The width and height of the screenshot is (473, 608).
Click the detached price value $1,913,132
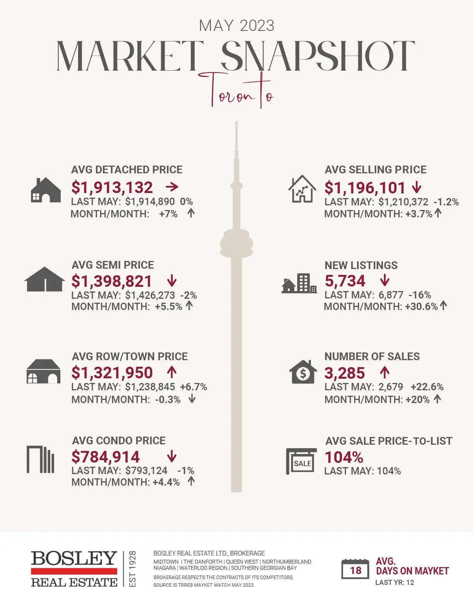coord(112,188)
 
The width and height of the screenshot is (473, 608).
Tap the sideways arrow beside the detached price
coord(172,187)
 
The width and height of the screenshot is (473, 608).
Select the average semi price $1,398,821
coord(112,281)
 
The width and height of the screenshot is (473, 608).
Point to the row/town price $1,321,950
coord(112,373)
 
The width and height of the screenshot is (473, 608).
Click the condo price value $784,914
coord(105,457)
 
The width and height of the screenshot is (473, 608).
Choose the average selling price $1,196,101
coord(364,188)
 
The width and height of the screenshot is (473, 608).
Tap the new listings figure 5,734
coord(345,281)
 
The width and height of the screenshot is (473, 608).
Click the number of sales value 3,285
coord(344,373)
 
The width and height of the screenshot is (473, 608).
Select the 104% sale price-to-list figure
coord(344,458)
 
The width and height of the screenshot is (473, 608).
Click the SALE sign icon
coord(301,461)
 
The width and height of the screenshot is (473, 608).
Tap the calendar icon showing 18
coord(355,569)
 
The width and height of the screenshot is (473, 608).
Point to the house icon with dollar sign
coord(303,372)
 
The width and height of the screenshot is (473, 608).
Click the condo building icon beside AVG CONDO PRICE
coord(40,459)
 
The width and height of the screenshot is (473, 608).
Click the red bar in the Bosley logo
coord(74,571)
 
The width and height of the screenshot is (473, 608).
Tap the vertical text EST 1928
coord(132,569)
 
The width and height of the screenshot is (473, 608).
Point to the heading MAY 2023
coord(236,26)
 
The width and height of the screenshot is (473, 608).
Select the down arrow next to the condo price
coord(172,457)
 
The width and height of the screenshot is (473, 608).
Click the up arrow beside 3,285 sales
coord(384,373)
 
